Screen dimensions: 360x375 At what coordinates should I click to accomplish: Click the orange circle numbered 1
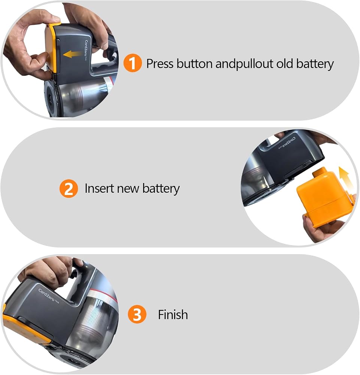point(132,63)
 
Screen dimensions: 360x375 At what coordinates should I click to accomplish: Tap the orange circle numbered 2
point(69,189)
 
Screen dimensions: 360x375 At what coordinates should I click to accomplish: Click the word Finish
point(173,315)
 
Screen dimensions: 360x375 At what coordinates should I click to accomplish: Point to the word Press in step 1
point(160,64)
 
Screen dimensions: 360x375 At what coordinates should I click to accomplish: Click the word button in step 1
point(194,64)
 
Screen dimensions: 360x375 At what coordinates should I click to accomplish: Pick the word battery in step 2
point(161,189)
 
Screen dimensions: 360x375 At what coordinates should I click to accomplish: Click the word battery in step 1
point(315,64)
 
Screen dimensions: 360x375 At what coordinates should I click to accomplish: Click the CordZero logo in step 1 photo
point(86,51)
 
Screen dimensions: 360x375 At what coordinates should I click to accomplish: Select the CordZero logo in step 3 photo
point(48,296)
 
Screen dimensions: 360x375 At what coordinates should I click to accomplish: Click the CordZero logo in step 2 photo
point(287,143)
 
